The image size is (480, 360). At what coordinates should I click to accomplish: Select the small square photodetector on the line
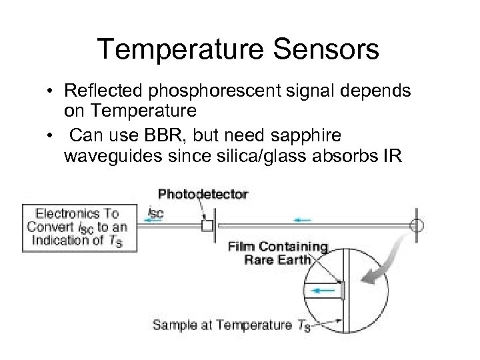coord(207,226)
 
